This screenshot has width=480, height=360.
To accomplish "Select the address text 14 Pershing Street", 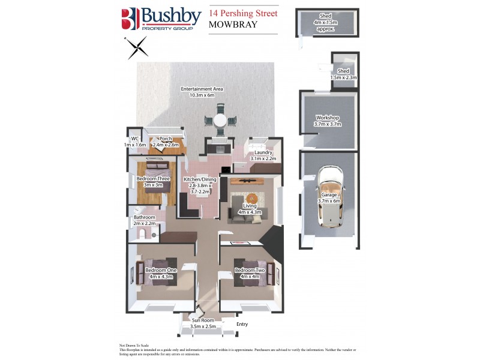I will pyautogui.click(x=243, y=13).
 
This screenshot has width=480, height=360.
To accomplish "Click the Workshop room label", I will pyautogui.click(x=327, y=121).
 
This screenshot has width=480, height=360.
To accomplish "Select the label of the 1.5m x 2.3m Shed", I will pyautogui.click(x=343, y=74).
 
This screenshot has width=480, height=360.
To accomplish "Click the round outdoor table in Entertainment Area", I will pyautogui.click(x=220, y=121).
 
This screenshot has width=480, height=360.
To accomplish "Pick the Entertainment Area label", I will pyautogui.click(x=202, y=92).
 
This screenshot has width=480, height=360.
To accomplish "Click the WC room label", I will pyautogui.click(x=134, y=142).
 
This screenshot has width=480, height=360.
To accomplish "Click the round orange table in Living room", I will pyautogui.click(x=253, y=198).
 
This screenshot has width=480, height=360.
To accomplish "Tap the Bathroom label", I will pyautogui.click(x=144, y=220).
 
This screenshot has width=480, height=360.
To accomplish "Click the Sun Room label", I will pyautogui.click(x=203, y=324).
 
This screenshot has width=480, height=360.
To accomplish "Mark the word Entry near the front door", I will pyautogui.click(x=242, y=325).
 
